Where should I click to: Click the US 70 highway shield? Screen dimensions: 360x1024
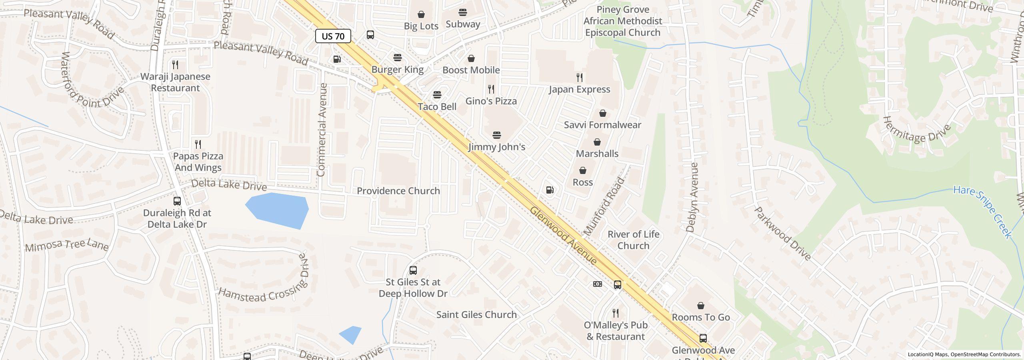point(333,36)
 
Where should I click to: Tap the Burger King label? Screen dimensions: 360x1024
point(397,70)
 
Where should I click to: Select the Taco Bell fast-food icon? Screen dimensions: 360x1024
point(437,95)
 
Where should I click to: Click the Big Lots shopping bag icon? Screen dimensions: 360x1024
point(421,15)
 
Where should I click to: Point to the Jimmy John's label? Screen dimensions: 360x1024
point(496,147)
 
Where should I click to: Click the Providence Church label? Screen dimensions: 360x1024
point(398,191)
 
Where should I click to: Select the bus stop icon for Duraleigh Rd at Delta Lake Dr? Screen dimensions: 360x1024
point(177,201)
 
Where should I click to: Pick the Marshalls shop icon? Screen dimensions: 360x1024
point(597,142)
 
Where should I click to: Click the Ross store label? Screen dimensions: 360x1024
point(582,182)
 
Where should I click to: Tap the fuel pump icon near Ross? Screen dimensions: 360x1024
point(550,190)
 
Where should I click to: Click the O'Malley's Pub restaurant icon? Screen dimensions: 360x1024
point(616,313)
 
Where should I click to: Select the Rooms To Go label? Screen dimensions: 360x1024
point(700,317)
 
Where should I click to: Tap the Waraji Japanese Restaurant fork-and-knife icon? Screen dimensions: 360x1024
point(175,64)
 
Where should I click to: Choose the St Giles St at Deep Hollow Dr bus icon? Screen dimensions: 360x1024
point(413,270)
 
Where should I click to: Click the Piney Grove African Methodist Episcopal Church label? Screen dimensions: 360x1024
point(622,21)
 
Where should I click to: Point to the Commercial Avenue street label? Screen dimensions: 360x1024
point(322,130)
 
